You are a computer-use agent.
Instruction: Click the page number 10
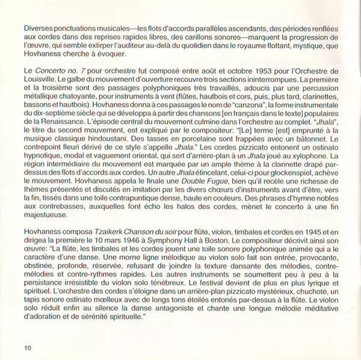28,348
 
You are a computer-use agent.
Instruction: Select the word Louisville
42,79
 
